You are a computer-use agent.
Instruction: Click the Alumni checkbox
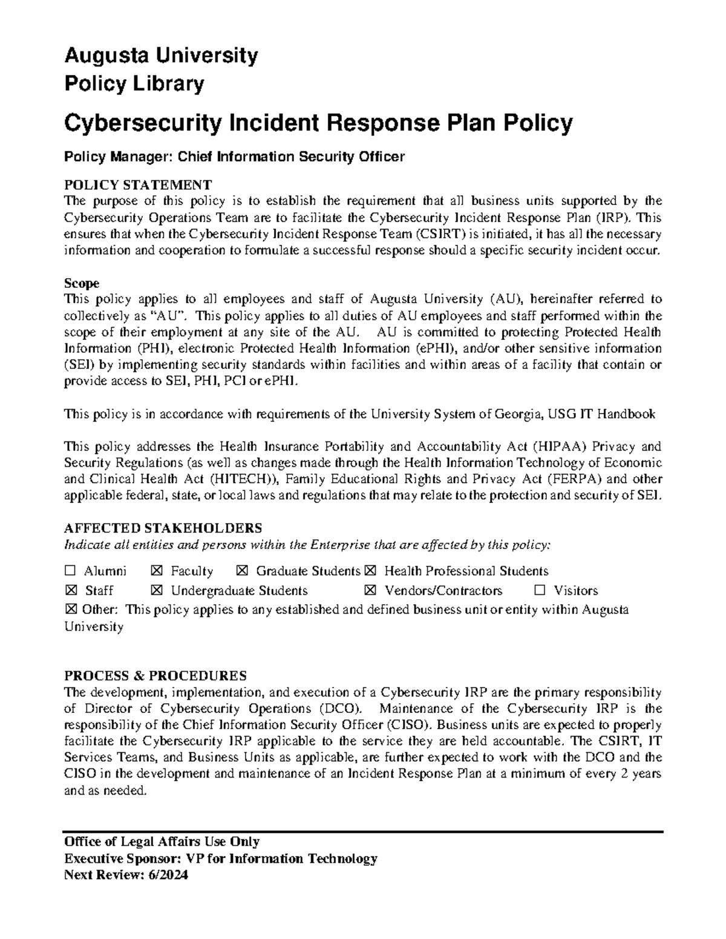70,571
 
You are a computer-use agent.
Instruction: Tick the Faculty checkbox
157,571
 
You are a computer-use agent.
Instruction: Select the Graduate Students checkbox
243,571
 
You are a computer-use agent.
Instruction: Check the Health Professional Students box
370,571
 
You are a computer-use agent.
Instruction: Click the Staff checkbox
70,591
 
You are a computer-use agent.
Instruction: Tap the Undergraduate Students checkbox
157,591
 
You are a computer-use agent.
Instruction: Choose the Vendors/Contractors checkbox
370,591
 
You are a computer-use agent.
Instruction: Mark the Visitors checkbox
540,591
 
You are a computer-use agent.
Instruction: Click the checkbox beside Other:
70,609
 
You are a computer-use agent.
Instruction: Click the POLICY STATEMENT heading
138,184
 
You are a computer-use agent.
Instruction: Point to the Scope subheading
82,283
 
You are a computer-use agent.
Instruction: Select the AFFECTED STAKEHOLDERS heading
163,528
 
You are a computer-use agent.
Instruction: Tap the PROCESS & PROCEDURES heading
155,675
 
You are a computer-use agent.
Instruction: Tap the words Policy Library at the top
134,84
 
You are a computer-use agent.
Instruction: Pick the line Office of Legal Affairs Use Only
162,842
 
